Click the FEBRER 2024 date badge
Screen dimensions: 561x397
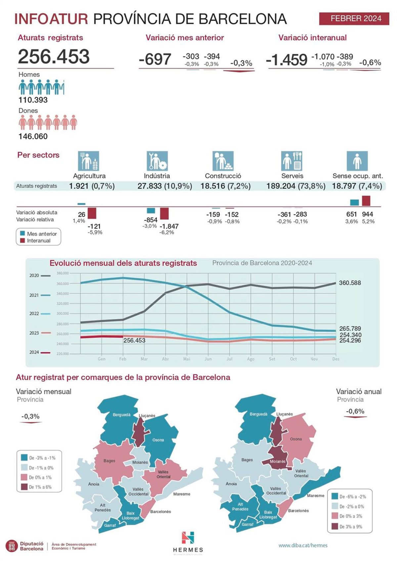tap(354, 19)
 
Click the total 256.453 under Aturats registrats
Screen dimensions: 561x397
tap(54, 57)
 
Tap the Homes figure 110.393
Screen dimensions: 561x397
tap(33, 100)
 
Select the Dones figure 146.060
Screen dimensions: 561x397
tap(33, 136)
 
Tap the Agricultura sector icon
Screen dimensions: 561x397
tap(88, 161)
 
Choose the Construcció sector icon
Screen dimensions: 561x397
tap(223, 161)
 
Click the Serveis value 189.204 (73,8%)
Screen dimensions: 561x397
tap(296, 186)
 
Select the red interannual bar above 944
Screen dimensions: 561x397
tap(366, 201)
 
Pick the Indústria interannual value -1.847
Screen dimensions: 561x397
tap(169, 226)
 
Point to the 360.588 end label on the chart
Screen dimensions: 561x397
tap(350, 283)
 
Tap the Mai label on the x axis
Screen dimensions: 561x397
tap(187, 359)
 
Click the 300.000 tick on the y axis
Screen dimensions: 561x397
tap(63, 313)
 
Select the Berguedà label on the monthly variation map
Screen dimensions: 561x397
tap(121, 415)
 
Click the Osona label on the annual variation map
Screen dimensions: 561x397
tap(296, 439)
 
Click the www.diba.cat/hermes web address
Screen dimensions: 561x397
tap(303, 545)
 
